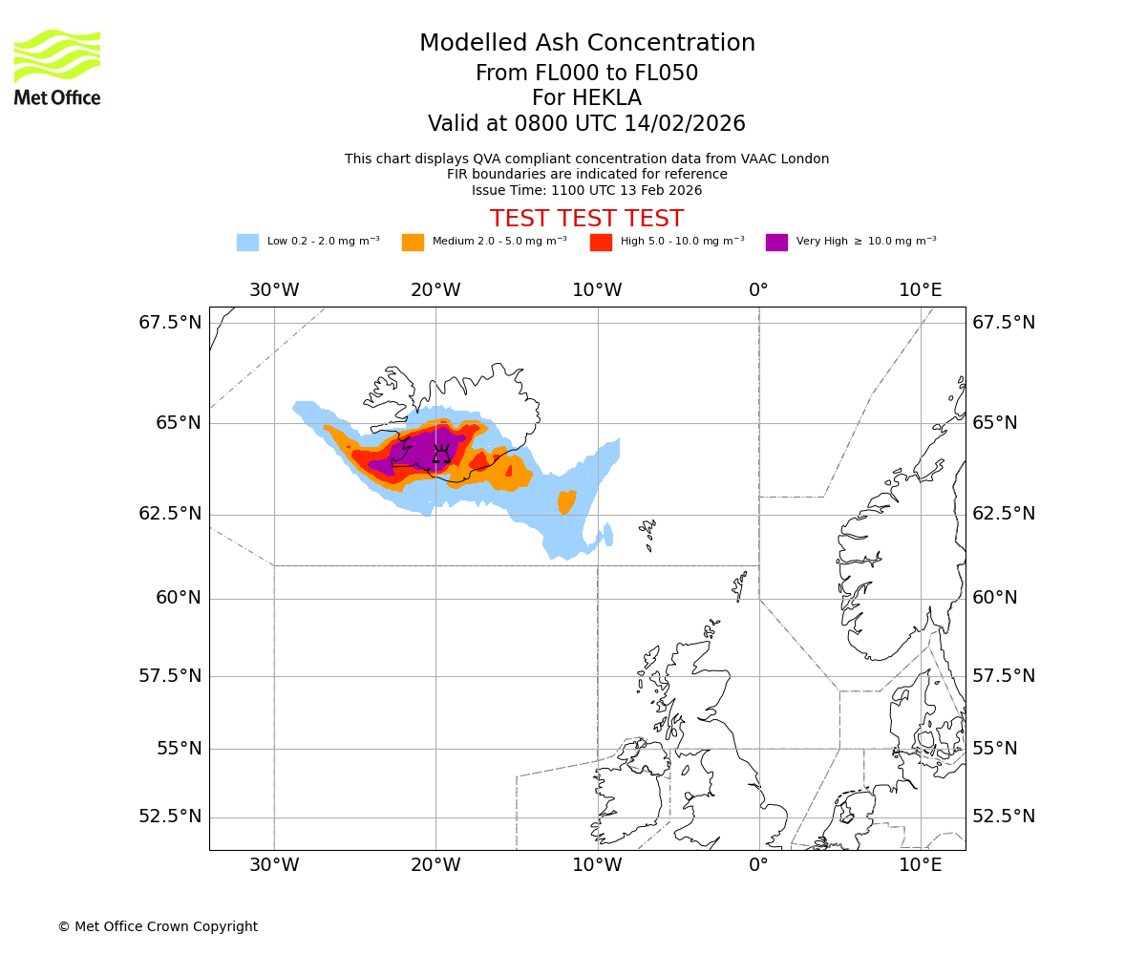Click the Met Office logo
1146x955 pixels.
pos(57,67)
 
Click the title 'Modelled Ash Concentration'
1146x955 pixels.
pos(586,44)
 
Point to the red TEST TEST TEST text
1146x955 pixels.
pos(586,219)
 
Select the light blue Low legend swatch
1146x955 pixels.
pos(247,243)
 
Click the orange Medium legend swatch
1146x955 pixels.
pos(413,243)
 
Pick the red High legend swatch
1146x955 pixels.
pos(601,243)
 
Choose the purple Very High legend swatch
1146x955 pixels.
pos(776,243)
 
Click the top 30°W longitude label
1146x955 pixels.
pos(274,290)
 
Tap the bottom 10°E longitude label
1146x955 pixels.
pos(920,866)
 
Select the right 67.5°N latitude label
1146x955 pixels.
pos(1004,323)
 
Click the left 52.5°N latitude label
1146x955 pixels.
pos(171,817)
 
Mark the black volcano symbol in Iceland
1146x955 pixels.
pos(441,454)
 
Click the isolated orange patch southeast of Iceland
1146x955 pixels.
pos(567,501)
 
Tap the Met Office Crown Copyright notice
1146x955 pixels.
pos(158,926)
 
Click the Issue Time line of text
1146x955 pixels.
pos(586,190)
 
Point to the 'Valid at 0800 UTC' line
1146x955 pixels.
pos(586,124)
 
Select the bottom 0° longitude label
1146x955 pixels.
pos(758,866)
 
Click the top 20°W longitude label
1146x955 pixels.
pos(436,290)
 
